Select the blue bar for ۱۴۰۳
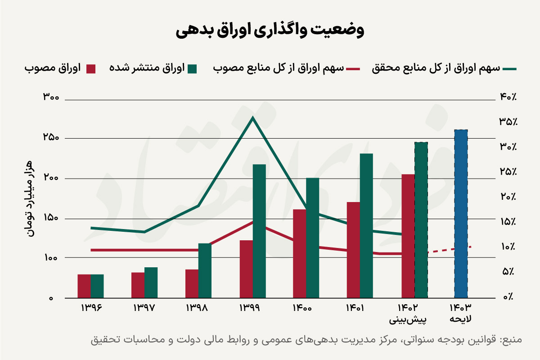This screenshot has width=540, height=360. coord(461,214)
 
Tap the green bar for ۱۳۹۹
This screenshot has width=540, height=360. coord(259,231)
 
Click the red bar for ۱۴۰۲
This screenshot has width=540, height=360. coord(408,236)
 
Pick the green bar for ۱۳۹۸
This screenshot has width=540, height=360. coord(205,270)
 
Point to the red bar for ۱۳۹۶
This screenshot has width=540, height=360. coord(84,286)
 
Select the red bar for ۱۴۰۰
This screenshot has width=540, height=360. coord(299,253)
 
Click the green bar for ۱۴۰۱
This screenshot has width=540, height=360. coord(366,225)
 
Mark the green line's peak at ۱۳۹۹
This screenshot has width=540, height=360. coord(253,118)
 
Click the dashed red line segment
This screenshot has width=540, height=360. coord(450,249)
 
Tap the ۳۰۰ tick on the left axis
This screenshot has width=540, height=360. coord(54,97)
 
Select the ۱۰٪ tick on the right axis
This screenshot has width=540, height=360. coord(508,247)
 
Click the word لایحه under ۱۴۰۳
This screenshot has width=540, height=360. coord(461,319)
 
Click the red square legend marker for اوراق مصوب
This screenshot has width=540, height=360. coord(91,69)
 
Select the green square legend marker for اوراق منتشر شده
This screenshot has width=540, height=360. coord(193,69)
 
